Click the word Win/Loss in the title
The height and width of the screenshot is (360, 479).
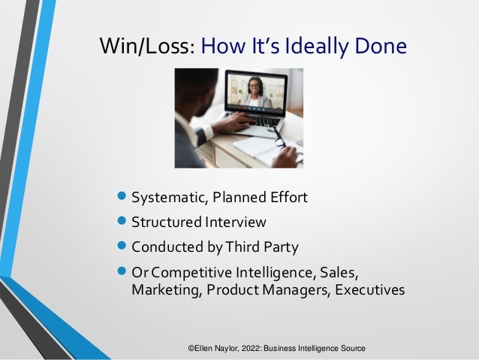[x=147, y=47]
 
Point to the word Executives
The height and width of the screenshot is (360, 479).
[x=366, y=289]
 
